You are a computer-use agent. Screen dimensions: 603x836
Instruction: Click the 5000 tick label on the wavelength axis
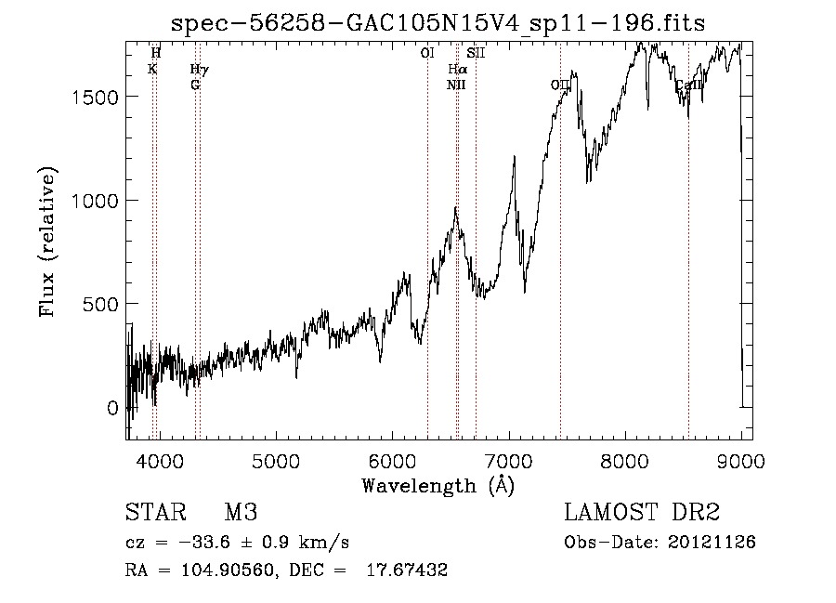pyautogui.click(x=275, y=460)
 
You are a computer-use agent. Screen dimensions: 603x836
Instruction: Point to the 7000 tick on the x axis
pyautogui.click(x=508, y=460)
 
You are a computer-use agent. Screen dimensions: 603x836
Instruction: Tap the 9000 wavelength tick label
pyautogui.click(x=740, y=460)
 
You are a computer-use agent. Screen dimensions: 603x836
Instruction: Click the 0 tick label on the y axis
pyautogui.click(x=112, y=408)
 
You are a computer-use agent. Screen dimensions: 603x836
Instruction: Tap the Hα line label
pyautogui.click(x=457, y=70)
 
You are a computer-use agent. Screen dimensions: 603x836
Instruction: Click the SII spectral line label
pyautogui.click(x=476, y=54)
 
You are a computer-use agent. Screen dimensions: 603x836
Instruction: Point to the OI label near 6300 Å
pyautogui.click(x=426, y=54)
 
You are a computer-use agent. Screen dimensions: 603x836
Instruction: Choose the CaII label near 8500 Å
pyautogui.click(x=688, y=86)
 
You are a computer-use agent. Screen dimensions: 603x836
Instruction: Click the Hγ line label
pyautogui.click(x=199, y=70)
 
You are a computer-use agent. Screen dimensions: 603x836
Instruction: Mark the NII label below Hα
pyautogui.click(x=455, y=85)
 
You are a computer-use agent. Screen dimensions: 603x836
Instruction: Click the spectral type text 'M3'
pyautogui.click(x=241, y=513)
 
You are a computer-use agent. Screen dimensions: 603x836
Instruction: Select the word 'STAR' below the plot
pyautogui.click(x=155, y=513)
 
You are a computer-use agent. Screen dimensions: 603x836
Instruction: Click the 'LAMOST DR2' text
pyautogui.click(x=642, y=513)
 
